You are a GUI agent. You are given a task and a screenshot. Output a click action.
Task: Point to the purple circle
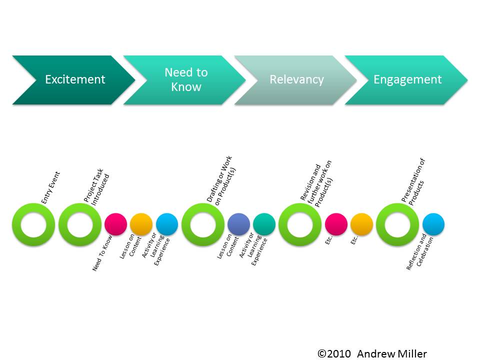239,224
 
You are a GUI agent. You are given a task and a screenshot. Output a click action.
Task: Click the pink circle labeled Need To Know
115,224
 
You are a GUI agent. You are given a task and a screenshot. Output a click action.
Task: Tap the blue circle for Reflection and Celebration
433,224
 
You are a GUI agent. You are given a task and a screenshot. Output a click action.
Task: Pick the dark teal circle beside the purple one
264,224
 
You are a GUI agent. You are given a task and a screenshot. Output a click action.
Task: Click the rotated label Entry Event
50,187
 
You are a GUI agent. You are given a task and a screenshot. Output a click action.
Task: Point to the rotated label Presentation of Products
413,181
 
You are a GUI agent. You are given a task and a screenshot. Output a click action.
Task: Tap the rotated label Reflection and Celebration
419,252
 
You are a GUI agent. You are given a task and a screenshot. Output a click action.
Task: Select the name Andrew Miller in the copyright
392,354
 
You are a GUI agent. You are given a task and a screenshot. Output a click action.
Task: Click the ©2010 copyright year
334,354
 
